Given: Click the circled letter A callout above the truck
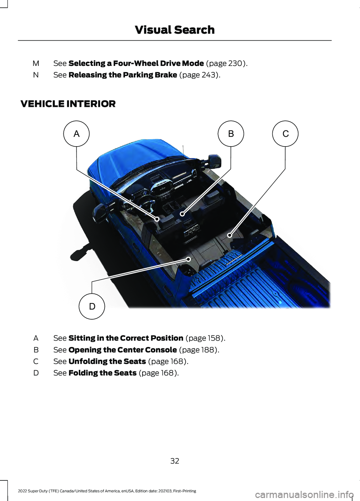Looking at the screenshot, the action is coord(76,134).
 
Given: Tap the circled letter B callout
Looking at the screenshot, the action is coord(231,134).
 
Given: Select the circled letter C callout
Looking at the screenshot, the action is coord(285,134).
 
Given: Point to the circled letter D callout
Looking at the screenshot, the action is coord(92,306).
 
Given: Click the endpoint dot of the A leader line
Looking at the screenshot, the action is coord(157,219).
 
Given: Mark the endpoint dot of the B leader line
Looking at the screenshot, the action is coord(183,214).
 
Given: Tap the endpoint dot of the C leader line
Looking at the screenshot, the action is coord(229,235).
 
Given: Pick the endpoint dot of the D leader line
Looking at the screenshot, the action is coord(189,259).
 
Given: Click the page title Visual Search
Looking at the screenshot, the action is coord(175,30).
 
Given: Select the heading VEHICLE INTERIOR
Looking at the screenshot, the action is coord(68,104).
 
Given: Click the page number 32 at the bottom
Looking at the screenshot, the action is coord(175,461).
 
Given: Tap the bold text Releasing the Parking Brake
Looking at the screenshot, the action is coord(123,75).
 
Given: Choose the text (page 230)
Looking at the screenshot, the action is coord(227,64).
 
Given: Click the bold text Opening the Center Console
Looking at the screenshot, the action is coord(123,350).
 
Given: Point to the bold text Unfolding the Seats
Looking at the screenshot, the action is coord(107,362).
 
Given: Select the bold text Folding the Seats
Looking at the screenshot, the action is coord(102,373).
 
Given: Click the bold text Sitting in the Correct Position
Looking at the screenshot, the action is coord(126,338).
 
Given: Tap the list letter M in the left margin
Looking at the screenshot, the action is coord(36,64).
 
